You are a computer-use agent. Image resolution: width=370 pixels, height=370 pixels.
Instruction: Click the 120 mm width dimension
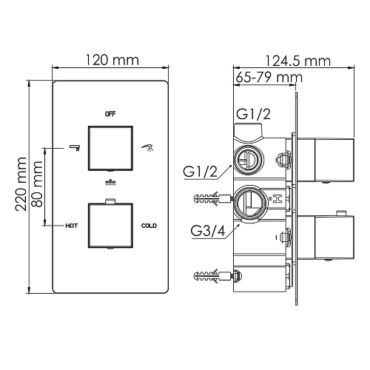112,60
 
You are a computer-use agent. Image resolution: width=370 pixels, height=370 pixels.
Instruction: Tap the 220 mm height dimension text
21,184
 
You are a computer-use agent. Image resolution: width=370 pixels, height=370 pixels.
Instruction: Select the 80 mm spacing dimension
37,184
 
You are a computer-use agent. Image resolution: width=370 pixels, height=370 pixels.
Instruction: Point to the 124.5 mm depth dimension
298,61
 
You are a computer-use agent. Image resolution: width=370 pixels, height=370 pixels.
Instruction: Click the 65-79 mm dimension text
269,78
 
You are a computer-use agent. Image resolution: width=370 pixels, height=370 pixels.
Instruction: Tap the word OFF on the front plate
110,114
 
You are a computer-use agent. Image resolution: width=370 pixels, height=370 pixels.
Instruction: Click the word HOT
72,226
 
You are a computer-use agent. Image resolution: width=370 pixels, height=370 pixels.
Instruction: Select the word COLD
149,226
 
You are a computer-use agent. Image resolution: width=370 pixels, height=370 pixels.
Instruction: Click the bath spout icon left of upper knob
75,147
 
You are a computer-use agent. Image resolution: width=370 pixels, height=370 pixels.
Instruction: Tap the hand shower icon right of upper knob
147,148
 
